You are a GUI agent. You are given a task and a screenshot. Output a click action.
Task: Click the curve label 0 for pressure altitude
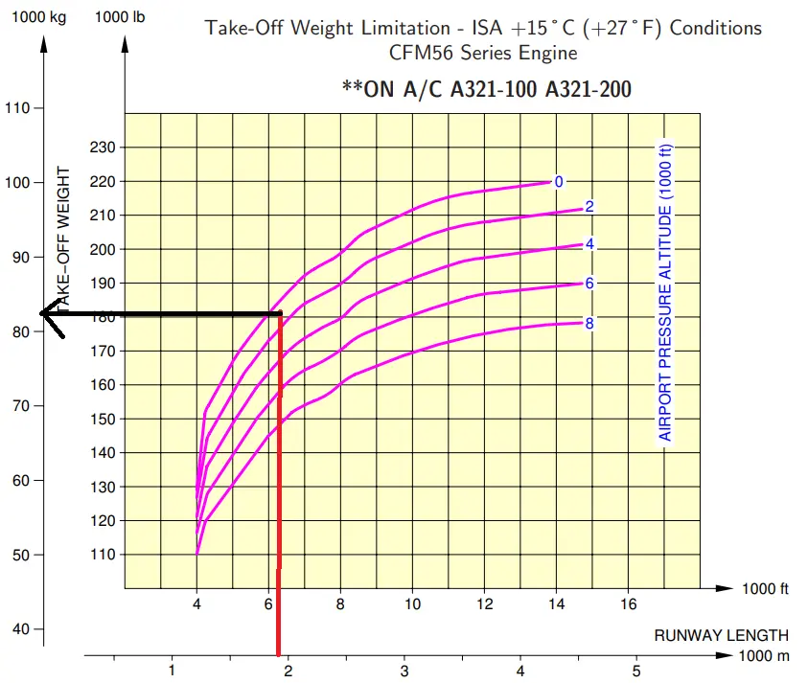[x=559, y=181]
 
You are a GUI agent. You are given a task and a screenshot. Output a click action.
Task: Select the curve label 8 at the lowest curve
[x=589, y=323]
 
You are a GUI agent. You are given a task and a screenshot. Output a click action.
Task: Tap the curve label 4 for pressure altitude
[x=589, y=243]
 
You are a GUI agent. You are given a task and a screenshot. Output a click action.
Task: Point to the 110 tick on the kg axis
[x=18, y=108]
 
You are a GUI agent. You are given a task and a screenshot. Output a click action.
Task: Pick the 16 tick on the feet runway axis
[x=629, y=604]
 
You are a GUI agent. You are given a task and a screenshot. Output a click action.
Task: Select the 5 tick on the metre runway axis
[x=636, y=669]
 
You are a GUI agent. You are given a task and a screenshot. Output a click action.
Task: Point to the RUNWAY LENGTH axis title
[x=721, y=635]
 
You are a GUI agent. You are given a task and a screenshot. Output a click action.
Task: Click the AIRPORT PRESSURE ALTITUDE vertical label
[x=665, y=292]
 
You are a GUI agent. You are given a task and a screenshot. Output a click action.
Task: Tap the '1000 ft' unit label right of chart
[x=764, y=588]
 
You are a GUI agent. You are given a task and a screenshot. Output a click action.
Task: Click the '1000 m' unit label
[x=764, y=656]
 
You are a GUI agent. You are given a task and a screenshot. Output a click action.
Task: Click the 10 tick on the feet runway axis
[x=412, y=604]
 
